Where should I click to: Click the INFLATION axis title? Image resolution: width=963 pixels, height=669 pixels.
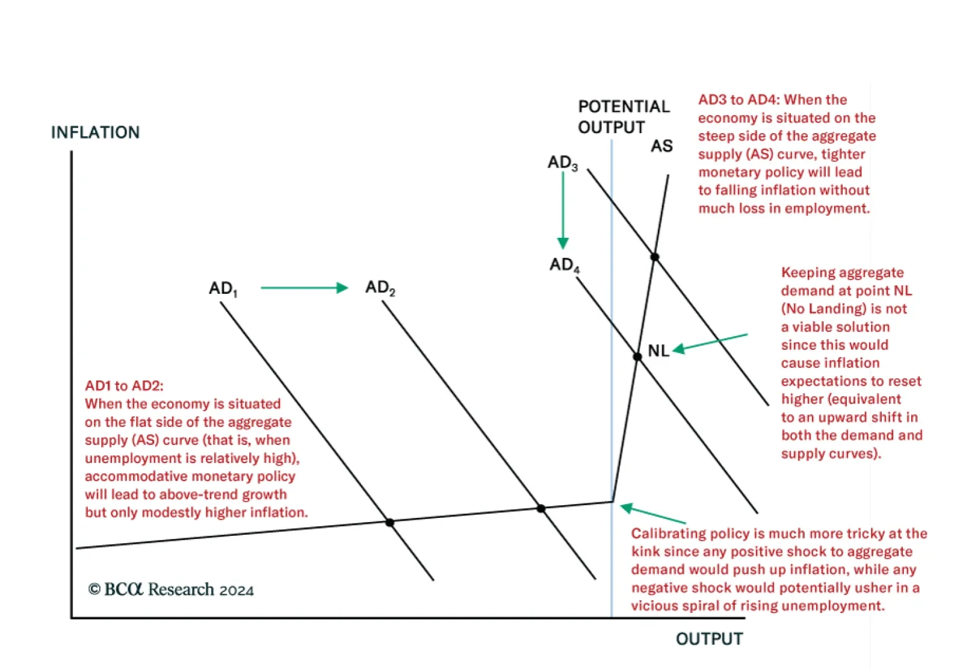95,132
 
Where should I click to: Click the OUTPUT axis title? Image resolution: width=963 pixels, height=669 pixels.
709,639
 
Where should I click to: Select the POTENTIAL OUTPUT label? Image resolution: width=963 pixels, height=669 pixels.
623,117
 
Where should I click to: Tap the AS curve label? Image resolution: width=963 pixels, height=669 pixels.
661,146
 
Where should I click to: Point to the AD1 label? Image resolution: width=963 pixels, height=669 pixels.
223,288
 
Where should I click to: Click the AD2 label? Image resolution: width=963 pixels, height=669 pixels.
380,288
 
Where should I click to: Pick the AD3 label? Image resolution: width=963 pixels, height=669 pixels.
563,163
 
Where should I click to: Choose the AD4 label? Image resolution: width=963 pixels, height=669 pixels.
565,265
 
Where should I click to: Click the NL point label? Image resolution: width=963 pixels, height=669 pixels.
658,351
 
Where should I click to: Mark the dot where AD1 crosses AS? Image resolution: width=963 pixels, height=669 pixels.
390,522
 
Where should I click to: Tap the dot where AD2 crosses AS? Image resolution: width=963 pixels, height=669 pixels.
541,509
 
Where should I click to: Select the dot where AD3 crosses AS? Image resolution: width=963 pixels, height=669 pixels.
655,257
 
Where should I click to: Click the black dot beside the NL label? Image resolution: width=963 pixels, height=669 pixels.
637,356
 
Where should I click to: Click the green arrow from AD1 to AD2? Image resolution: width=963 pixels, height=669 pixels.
304,288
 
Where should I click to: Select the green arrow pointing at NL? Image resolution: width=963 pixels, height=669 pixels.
710,343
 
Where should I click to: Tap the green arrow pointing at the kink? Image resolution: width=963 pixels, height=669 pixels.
652,514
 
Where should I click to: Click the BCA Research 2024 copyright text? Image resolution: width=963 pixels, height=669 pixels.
171,590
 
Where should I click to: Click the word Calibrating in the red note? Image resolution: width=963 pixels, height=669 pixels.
668,534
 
